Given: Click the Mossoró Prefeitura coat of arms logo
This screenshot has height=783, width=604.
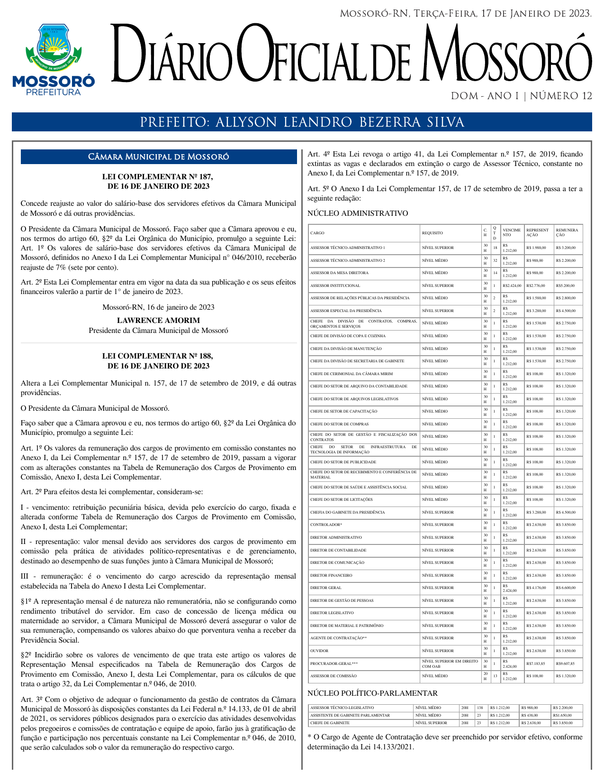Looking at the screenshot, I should [x=53, y=60].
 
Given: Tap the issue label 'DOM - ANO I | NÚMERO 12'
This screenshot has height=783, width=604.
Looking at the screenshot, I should [x=521, y=96].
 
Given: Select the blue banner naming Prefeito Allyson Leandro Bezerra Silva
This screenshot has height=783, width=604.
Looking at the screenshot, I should [x=302, y=122].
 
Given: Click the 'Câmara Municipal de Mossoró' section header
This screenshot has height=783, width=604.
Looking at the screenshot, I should [x=159, y=157].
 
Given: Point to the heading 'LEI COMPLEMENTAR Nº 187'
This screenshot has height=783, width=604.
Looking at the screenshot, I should [x=158, y=177].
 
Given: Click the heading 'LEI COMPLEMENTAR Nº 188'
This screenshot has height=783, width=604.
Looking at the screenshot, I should [x=158, y=356].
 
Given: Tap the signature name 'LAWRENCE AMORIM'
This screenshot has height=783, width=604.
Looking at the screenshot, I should [x=158, y=321].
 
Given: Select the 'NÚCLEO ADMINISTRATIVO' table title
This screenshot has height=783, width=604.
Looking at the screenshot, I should [x=358, y=213].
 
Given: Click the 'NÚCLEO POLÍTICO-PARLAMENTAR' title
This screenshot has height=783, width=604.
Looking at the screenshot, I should [x=372, y=693].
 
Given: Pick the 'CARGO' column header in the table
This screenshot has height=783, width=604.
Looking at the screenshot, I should [x=317, y=233].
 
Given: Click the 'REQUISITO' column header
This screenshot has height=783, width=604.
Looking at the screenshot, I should [x=433, y=233].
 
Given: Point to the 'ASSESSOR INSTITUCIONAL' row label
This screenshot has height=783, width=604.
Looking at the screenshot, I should [x=335, y=286].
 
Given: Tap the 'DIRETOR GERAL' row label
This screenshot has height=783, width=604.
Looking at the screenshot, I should [x=325, y=588].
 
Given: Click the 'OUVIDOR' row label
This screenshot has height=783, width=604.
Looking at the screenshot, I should [x=319, y=651].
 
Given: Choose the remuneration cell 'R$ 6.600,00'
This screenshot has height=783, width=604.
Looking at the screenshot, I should [x=566, y=588].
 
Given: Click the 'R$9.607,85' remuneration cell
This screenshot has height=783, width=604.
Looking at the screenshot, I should [x=565, y=663].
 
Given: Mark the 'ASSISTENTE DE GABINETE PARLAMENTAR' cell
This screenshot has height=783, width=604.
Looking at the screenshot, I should [x=350, y=715].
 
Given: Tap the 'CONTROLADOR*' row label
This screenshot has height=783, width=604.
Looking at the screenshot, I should [x=326, y=525].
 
